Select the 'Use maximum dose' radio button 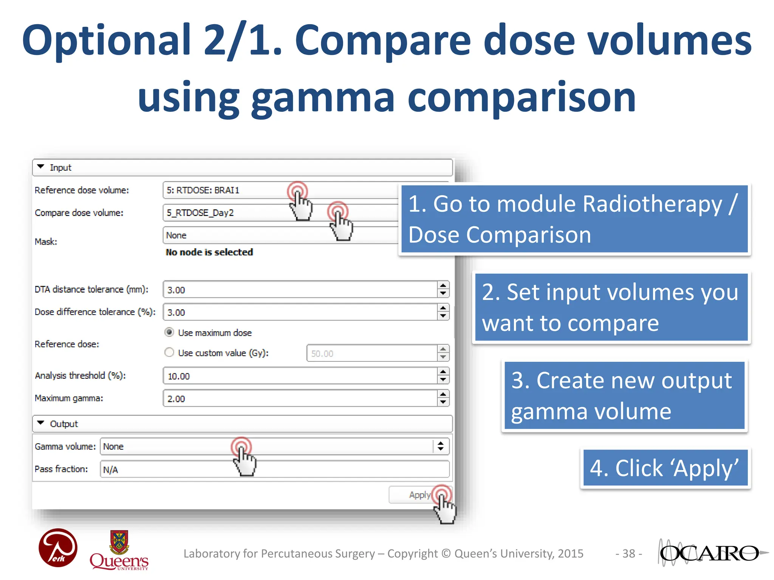tap(169, 332)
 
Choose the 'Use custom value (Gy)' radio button tap(169, 352)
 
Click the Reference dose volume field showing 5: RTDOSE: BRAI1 tap(227, 190)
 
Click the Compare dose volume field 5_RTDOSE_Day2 tap(227, 213)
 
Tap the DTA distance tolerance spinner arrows tap(443, 290)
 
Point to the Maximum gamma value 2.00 tap(176, 399)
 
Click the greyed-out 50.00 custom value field tap(370, 353)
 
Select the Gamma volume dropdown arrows tap(441, 446)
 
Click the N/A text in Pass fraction tap(111, 470)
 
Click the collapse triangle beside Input tap(41, 167)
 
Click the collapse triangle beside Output tap(41, 423)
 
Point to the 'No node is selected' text tap(209, 252)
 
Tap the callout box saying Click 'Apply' tap(665, 468)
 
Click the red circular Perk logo tap(58, 548)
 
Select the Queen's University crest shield tap(119, 541)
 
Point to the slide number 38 tap(628, 554)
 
